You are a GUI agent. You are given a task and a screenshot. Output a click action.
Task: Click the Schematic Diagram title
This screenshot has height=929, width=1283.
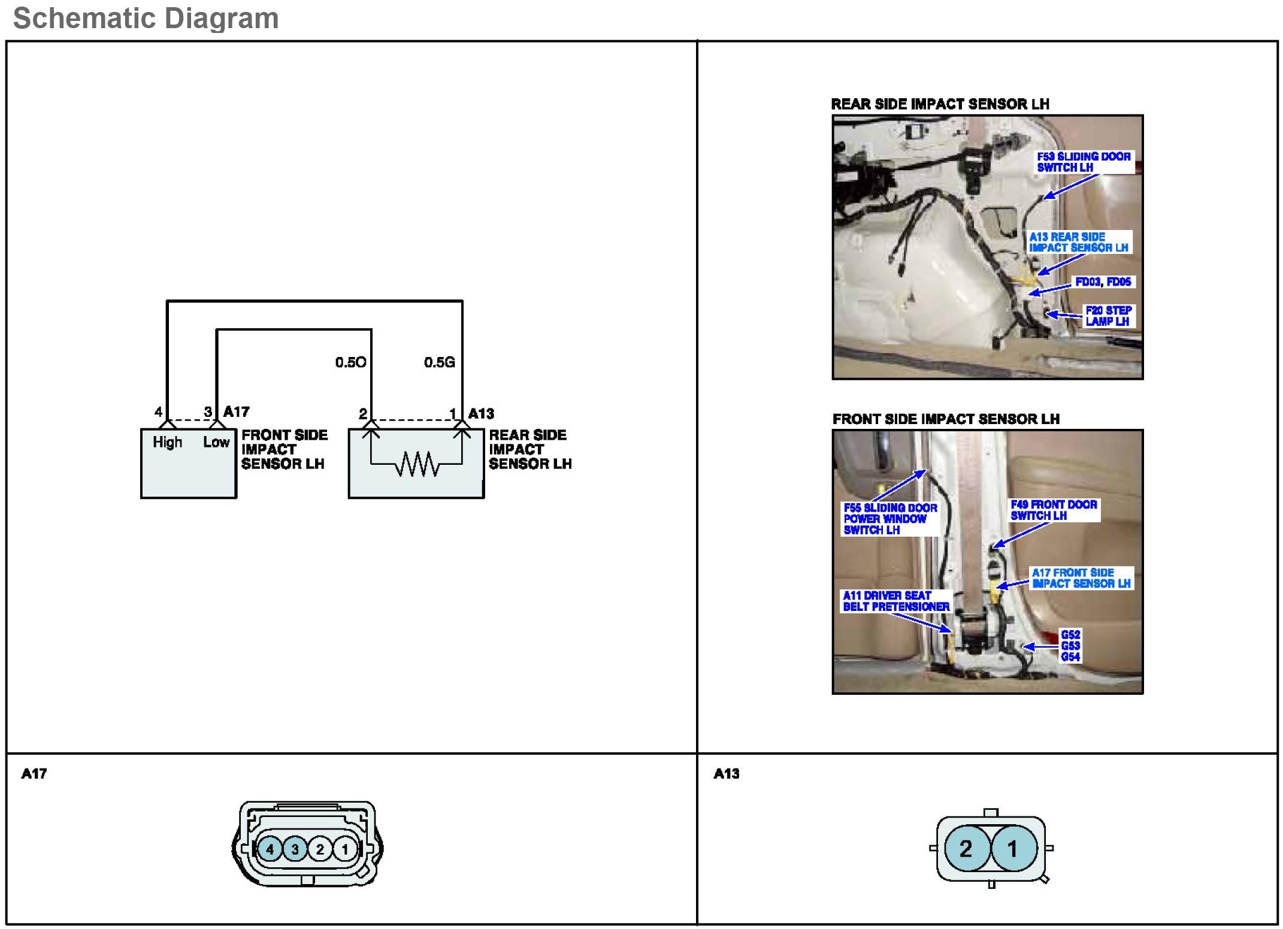(x=146, y=18)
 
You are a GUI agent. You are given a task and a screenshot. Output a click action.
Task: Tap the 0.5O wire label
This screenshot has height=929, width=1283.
(x=350, y=362)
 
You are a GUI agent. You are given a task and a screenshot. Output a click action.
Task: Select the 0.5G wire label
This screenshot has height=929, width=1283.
(x=439, y=362)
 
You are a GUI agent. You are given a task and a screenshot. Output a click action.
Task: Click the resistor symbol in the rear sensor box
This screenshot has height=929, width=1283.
(x=417, y=464)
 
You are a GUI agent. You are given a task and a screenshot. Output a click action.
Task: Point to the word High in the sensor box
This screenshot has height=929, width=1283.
(x=167, y=443)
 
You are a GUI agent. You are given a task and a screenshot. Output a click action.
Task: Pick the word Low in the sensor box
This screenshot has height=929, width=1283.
(x=216, y=443)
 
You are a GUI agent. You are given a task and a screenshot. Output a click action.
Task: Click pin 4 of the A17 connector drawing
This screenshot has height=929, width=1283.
(x=270, y=849)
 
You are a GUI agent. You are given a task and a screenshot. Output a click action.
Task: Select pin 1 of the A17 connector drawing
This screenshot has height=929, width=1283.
(x=344, y=849)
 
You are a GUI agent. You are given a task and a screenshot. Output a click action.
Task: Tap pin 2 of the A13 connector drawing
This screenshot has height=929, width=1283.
(x=966, y=849)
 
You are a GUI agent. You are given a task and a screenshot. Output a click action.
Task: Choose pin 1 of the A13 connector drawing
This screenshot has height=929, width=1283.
(x=1012, y=849)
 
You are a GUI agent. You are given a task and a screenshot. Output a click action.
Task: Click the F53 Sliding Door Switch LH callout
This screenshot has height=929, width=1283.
(x=1084, y=162)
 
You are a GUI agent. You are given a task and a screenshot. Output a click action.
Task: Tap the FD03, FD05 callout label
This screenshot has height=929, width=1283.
(x=1103, y=282)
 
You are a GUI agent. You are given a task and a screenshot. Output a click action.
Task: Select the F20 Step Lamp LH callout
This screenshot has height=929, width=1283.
(x=1108, y=316)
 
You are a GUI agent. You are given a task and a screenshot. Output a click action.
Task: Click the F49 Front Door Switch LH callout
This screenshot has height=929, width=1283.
(x=1054, y=510)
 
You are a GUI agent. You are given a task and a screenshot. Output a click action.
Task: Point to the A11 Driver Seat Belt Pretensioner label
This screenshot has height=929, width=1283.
(x=895, y=601)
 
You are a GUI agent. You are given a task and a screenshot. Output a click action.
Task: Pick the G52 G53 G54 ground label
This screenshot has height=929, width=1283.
(x=1070, y=646)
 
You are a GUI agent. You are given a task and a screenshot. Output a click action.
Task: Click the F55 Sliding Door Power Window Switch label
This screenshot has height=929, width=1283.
(x=890, y=519)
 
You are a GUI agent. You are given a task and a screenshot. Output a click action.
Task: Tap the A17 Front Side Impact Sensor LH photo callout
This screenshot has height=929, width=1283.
(x=1081, y=578)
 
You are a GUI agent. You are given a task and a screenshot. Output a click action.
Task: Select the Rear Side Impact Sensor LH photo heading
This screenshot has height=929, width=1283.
(x=940, y=104)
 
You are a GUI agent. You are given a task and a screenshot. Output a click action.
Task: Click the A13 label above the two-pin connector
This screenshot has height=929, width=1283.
(x=726, y=774)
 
